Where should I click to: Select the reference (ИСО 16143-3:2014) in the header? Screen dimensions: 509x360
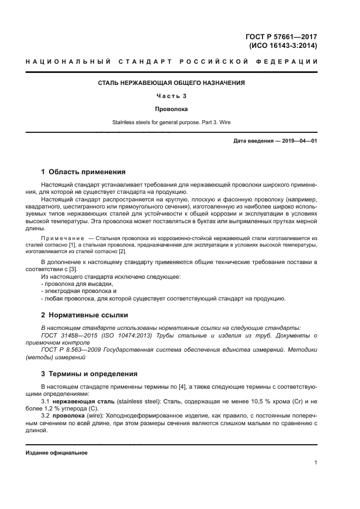pyautogui.click(x=283, y=46)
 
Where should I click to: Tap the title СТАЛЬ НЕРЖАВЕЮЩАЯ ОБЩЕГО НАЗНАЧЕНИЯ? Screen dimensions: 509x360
pyautogui.click(x=171, y=83)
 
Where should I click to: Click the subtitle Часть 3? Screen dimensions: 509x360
pyautogui.click(x=171, y=96)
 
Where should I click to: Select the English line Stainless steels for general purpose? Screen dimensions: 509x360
pyautogui.click(x=171, y=122)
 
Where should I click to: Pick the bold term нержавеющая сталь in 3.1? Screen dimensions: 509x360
pyautogui.click(x=84, y=401)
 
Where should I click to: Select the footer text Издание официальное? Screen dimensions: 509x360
pyautogui.click(x=57, y=453)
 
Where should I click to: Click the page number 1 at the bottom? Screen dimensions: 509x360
pyautogui.click(x=315, y=463)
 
